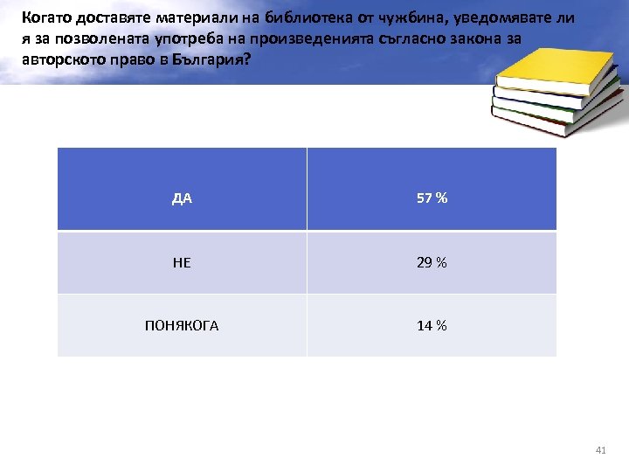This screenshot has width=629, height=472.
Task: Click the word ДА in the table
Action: [x=182, y=198]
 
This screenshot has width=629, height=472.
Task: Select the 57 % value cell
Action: [x=432, y=198]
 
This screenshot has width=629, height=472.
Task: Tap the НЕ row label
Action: [x=182, y=262]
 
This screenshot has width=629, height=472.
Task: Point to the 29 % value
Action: [x=432, y=262]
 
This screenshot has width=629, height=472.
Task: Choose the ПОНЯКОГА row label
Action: [x=182, y=326]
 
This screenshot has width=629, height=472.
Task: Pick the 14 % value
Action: [x=432, y=326]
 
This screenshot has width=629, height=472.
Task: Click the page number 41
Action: [x=599, y=449]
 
